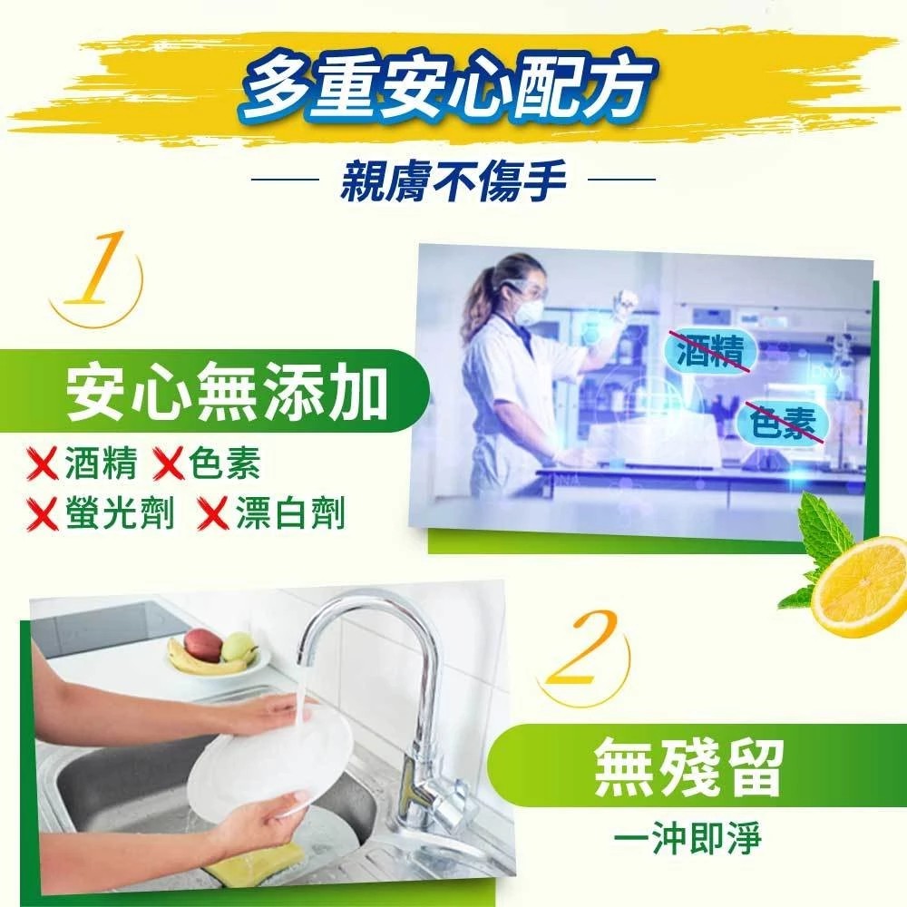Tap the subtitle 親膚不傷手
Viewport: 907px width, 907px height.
tap(453, 180)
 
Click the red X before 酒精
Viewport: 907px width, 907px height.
tap(43, 464)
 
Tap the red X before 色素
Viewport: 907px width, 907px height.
tap(168, 464)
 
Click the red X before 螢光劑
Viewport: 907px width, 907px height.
tap(43, 514)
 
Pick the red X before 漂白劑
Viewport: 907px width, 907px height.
tap(213, 514)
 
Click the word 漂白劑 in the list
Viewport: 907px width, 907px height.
tap(290, 513)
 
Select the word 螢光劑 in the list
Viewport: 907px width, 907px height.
tap(120, 513)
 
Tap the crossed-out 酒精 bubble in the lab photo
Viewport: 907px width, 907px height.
tap(711, 351)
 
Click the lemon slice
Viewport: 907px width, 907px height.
tap(859, 586)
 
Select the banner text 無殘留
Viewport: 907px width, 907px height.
tap(689, 767)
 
